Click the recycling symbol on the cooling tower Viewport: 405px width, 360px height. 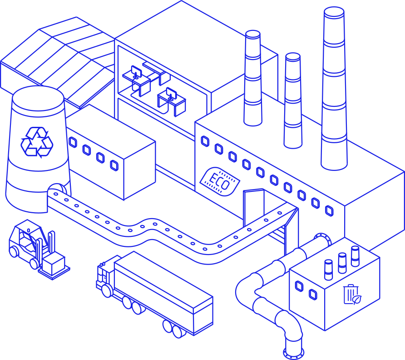pyautogui.click(x=37, y=142)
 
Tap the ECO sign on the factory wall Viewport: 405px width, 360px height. pyautogui.click(x=220, y=181)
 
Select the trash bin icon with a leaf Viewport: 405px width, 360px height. pyautogui.click(x=352, y=295)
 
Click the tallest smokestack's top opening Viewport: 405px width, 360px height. pyautogui.click(x=334, y=12)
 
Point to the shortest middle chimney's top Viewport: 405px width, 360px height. pyautogui.click(x=293, y=57)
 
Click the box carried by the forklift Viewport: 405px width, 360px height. pyautogui.click(x=54, y=263)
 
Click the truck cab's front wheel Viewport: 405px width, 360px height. pyautogui.click(x=107, y=290)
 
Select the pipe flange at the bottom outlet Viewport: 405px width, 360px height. pyautogui.click(x=293, y=353)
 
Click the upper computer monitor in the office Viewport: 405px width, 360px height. pyautogui.click(x=136, y=71)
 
